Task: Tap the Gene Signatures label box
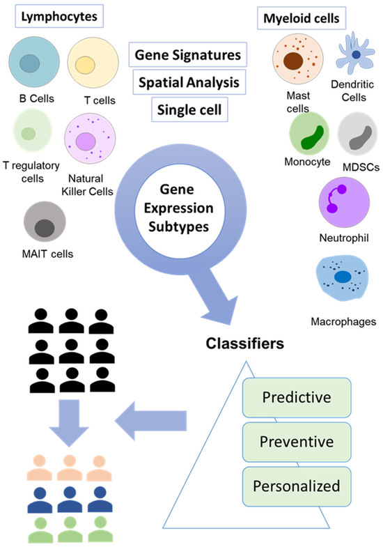(187, 54)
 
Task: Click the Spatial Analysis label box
(187, 82)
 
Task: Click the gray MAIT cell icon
(45, 225)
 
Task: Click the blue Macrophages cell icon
(343, 277)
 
